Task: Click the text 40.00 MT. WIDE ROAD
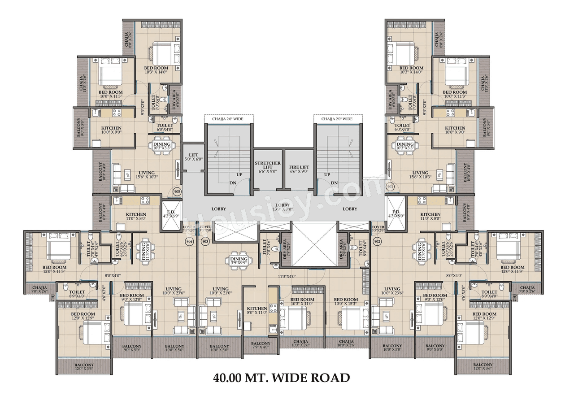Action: (x=282, y=378)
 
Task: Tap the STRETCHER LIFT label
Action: (x=268, y=167)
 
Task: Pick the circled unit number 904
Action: (x=189, y=241)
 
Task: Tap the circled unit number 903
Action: (x=205, y=241)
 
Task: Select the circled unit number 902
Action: (x=377, y=241)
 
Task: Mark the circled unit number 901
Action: (x=390, y=186)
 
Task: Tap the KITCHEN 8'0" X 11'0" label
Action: (x=257, y=311)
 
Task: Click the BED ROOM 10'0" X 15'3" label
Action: (x=346, y=302)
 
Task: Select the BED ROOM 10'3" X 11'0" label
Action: (x=302, y=302)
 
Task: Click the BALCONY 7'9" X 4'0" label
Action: (x=260, y=346)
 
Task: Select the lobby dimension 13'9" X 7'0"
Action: (x=283, y=209)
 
